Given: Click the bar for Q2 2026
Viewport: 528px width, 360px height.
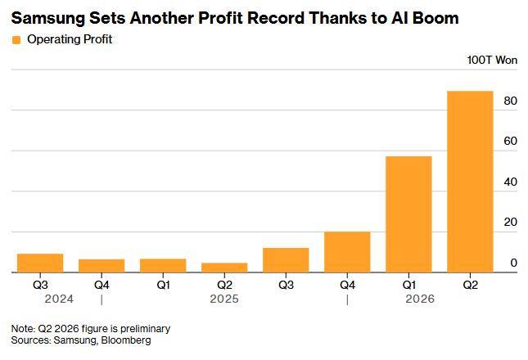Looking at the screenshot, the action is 470,182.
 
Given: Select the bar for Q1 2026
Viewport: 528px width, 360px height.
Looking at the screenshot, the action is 408,214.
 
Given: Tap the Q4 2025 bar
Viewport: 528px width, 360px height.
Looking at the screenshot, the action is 347,252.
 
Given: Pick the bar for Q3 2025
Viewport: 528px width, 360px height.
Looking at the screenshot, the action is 286,260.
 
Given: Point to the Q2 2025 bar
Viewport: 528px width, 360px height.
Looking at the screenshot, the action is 224,268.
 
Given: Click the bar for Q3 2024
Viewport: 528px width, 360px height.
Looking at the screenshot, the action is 40,263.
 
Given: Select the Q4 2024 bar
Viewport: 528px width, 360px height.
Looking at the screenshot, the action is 102,266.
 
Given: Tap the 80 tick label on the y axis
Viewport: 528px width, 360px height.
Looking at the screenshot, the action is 511,101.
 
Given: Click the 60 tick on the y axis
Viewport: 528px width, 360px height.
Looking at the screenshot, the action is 511,141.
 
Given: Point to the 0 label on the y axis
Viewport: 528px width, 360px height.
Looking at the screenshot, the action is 514,263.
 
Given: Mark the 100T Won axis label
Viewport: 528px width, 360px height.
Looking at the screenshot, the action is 492,61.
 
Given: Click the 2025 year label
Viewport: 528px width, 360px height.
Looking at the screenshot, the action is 224,299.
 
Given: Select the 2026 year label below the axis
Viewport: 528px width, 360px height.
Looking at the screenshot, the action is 420,299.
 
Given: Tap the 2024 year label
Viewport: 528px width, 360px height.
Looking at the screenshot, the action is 59,299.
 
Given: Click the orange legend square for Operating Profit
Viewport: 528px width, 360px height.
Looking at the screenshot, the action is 16,40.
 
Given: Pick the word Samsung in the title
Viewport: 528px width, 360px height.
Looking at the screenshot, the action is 48,19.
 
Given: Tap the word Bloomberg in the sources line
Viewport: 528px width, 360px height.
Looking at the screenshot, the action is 126,340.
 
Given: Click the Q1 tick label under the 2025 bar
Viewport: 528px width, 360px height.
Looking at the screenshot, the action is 163,285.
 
